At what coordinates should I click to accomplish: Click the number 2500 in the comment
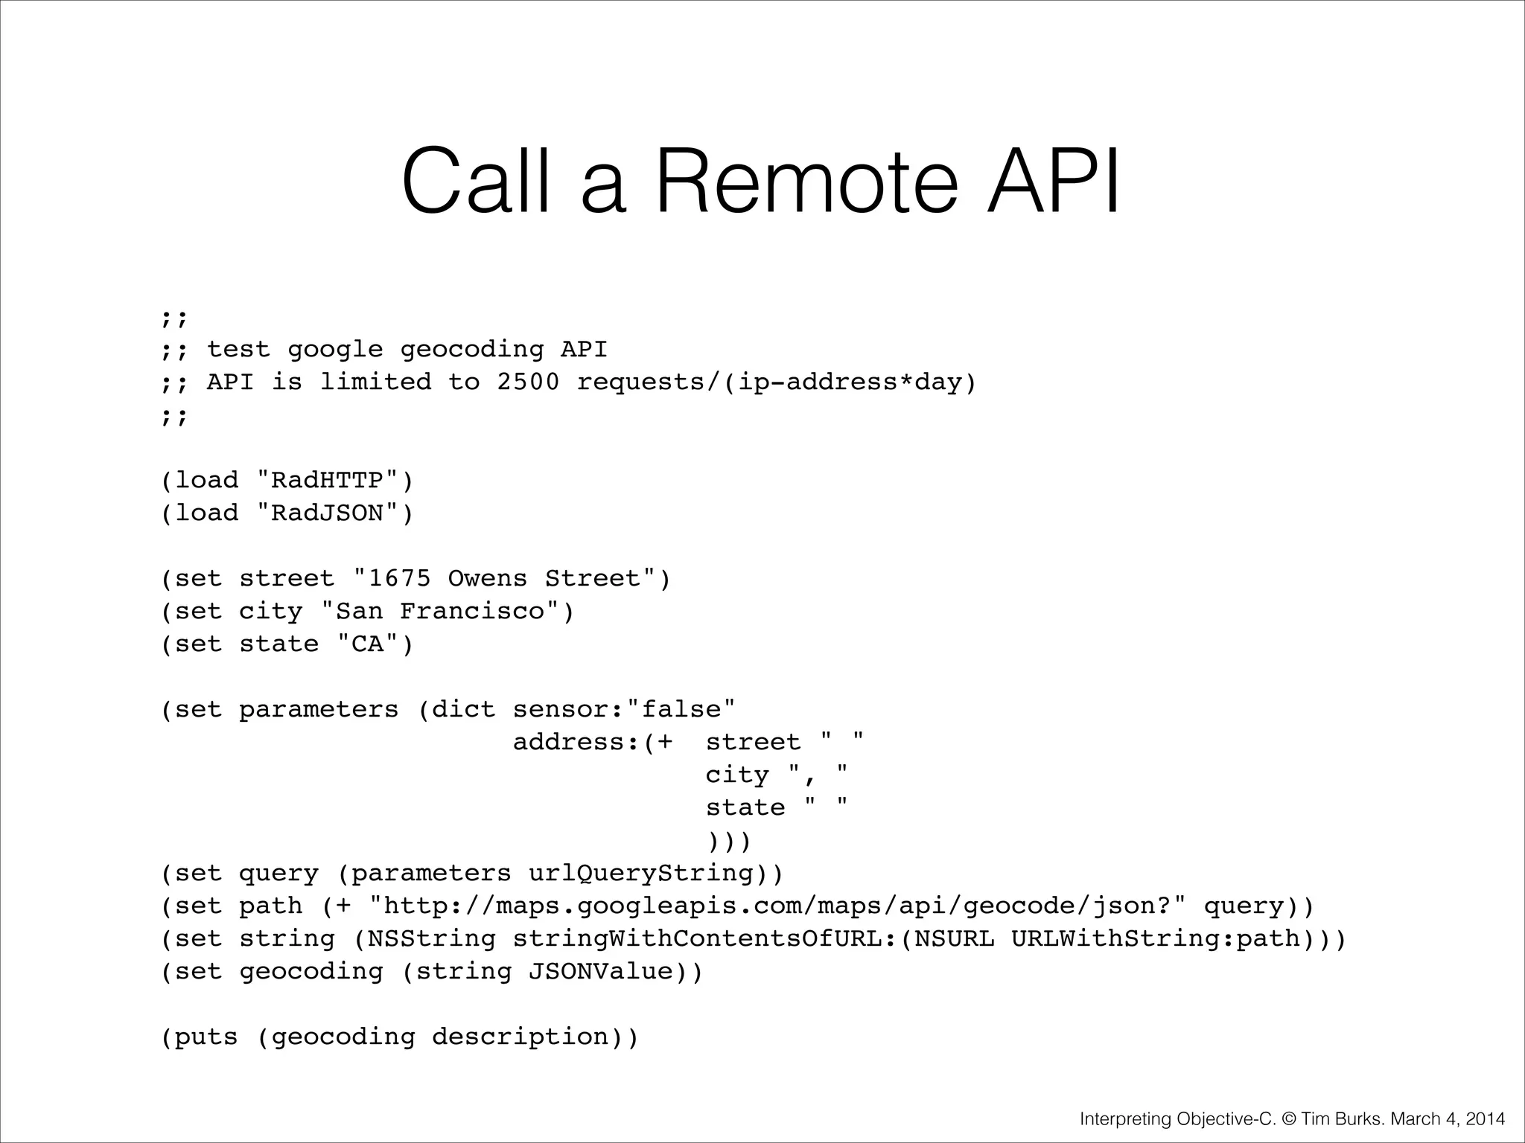(x=528, y=382)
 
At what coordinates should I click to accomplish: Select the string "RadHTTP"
(x=328, y=480)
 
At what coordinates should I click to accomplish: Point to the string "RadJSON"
(x=328, y=513)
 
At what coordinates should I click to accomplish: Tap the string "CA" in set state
(x=367, y=644)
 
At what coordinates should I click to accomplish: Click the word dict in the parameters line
(x=464, y=709)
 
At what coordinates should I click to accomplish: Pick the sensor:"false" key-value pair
(x=624, y=709)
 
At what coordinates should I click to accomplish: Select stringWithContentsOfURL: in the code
(x=704, y=938)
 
